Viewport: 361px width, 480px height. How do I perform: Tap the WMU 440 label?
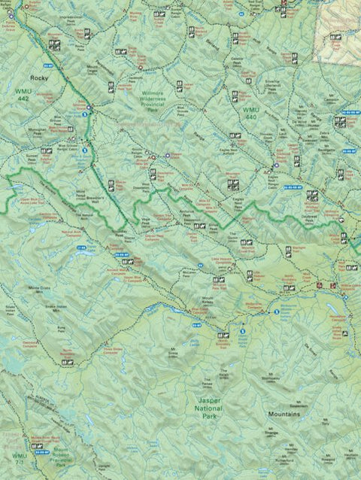pos(250,114)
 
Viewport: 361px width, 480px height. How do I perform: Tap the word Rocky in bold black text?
pos(38,77)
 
